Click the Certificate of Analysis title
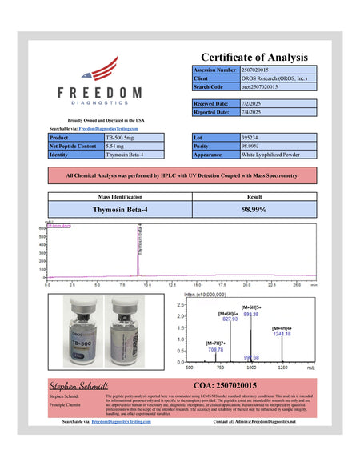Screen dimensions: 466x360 [x=254, y=57]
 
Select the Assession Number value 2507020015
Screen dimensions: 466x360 [x=261, y=70]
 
